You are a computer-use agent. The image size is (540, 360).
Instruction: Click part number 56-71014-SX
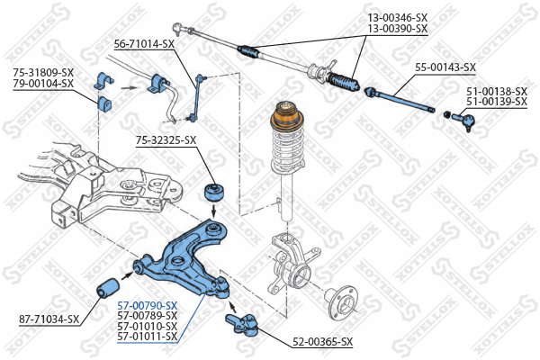(144, 43)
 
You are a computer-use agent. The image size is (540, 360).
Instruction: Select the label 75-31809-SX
(43, 73)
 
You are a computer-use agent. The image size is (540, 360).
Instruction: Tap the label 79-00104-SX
(43, 84)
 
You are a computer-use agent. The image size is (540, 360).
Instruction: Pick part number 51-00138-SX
(496, 91)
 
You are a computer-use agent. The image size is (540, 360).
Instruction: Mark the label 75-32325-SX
(166, 139)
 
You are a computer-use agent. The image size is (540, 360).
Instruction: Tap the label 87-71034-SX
(49, 319)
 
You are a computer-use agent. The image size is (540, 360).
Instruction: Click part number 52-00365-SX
(322, 342)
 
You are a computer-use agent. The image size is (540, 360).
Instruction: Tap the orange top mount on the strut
(288, 120)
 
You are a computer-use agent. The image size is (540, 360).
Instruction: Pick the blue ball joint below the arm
(245, 321)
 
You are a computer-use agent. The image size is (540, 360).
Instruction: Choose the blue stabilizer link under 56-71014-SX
(197, 97)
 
